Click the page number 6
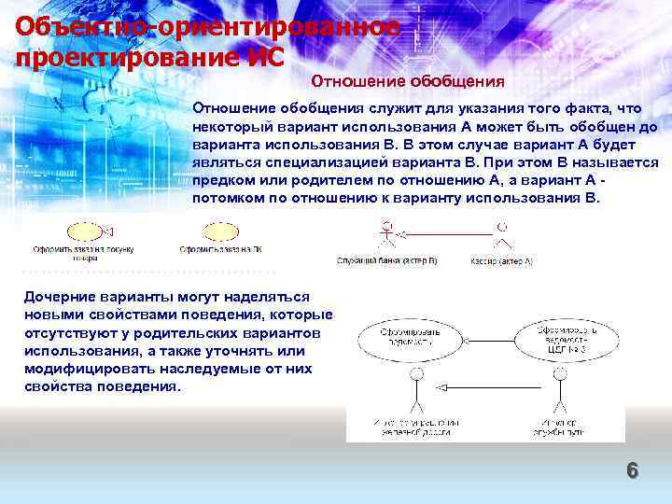tap(632, 471)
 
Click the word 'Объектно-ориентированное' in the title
tap(207, 26)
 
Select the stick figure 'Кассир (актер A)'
tap(502, 235)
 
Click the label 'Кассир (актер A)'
tap(501, 262)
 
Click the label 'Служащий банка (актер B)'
tap(386, 262)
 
